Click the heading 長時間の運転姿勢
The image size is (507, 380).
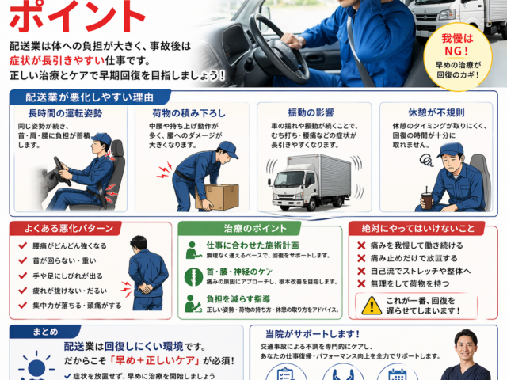[71, 114]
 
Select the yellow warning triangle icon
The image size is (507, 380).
[372, 305]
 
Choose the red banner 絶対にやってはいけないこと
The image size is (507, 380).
[417, 229]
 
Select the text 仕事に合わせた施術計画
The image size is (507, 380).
[253, 245]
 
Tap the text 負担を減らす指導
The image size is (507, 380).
[238, 299]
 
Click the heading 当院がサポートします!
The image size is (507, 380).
[314, 334]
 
